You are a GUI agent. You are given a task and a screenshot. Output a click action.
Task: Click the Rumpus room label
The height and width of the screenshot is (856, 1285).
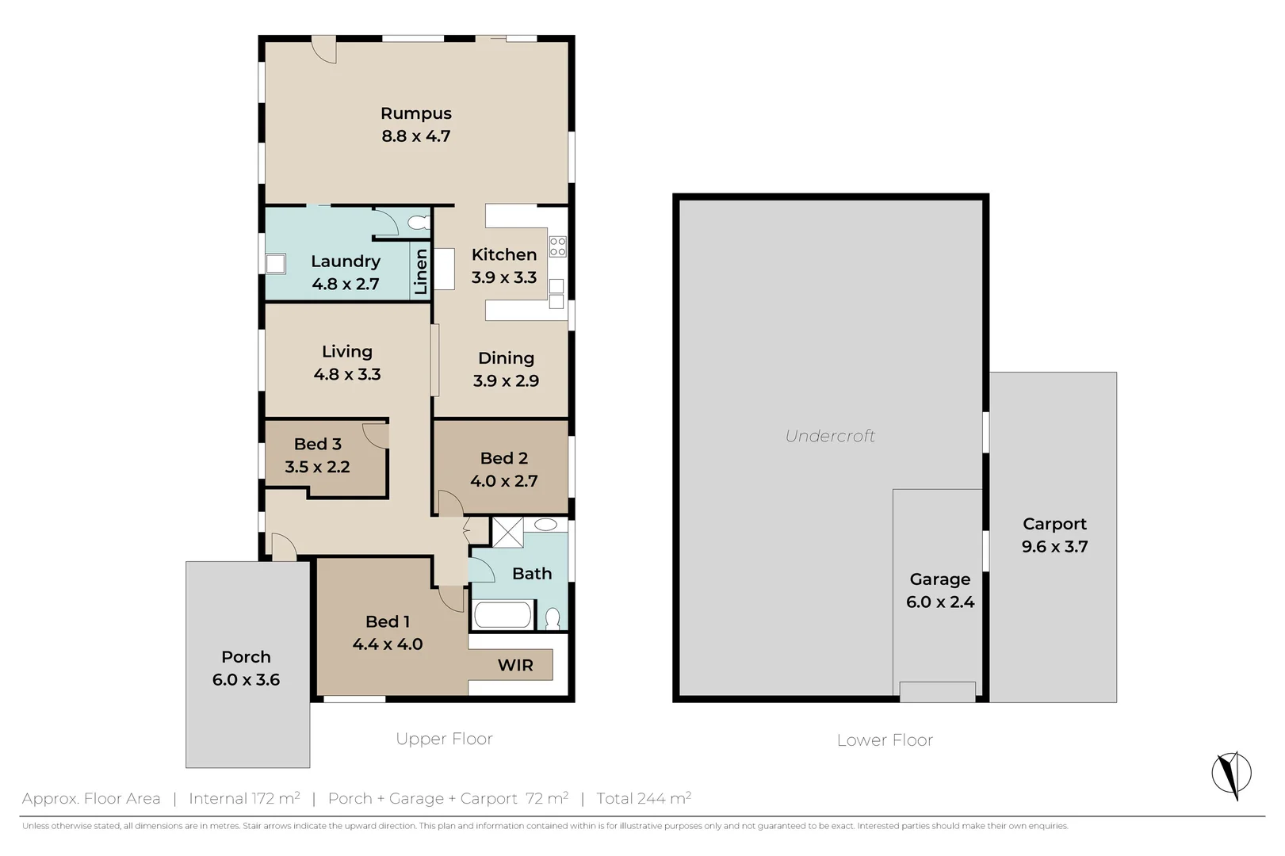click(415, 113)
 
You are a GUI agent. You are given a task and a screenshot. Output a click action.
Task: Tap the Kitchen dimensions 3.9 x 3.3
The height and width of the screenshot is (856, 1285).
click(503, 277)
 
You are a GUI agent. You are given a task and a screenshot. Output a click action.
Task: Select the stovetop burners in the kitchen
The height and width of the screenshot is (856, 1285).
click(557, 246)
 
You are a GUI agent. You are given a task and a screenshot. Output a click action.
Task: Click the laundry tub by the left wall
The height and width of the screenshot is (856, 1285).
click(275, 263)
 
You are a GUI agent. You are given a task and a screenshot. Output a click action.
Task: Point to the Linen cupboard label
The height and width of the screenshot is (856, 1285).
click(421, 271)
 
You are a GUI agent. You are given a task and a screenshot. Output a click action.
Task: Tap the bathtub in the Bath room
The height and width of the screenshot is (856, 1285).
click(502, 615)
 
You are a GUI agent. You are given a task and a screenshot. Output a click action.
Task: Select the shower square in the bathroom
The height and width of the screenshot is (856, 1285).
click(507, 532)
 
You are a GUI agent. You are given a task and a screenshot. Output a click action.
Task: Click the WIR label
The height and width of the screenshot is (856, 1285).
click(515, 665)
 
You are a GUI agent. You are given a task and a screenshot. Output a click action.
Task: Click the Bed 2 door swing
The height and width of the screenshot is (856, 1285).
click(449, 503)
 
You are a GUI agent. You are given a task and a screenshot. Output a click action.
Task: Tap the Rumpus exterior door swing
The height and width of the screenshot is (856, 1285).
click(323, 49)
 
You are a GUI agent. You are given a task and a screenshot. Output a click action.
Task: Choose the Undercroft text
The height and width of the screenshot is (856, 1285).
click(830, 436)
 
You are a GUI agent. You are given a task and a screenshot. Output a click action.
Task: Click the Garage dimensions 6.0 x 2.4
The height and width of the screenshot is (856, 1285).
click(939, 602)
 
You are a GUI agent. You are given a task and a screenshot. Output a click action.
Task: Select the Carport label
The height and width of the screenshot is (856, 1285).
click(1054, 524)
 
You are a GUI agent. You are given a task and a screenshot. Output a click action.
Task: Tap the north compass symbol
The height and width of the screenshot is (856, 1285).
click(1231, 774)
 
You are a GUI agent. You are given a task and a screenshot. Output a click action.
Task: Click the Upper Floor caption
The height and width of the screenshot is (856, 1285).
click(444, 739)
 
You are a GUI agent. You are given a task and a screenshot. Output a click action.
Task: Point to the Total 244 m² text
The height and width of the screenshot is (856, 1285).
click(644, 798)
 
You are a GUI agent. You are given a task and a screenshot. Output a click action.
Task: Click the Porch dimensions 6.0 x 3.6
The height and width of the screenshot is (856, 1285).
click(246, 680)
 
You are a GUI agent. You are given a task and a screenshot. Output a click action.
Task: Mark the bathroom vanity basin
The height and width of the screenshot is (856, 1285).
click(545, 525)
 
